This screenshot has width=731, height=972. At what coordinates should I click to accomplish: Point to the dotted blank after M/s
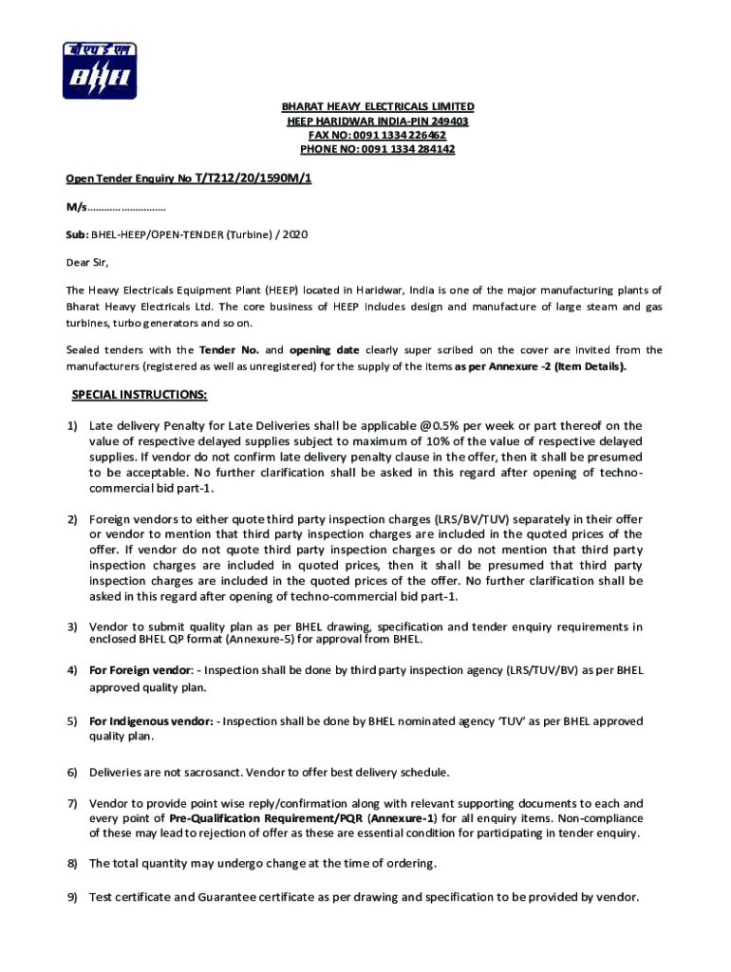(127, 206)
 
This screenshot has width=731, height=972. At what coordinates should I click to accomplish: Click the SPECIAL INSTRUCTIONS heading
(140, 394)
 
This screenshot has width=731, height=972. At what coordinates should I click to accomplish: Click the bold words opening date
(324, 349)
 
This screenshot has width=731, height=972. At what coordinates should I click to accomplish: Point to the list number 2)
(71, 519)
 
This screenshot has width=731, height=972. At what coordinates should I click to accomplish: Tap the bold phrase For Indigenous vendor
(150, 721)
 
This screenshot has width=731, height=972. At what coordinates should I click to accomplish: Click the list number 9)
(71, 896)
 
